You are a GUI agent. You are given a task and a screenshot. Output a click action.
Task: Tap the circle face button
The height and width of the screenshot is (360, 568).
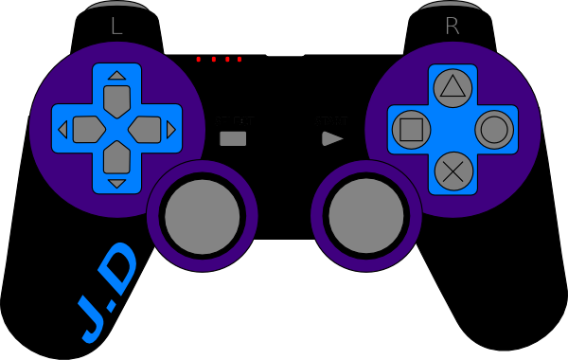493,127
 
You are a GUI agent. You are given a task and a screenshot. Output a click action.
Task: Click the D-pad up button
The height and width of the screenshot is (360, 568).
116,98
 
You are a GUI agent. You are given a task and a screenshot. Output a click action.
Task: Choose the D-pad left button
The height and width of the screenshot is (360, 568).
87,128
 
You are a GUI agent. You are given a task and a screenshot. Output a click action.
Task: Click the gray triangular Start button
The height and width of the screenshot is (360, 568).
332,138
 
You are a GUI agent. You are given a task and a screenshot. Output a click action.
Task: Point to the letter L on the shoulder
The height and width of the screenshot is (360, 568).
116,27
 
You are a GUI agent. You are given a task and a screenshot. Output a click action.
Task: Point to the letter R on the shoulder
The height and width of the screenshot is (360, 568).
452,27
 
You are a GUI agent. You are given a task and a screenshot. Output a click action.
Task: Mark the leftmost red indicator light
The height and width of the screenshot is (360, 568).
199,60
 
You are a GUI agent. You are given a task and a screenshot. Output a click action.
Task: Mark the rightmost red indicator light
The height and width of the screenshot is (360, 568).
240,60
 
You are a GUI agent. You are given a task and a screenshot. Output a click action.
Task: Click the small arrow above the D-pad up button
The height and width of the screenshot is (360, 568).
116,75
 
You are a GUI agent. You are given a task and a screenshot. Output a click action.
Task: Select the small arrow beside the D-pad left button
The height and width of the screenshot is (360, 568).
63,129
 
